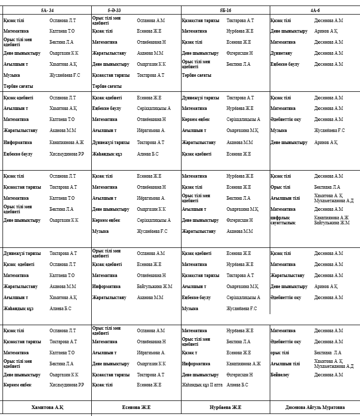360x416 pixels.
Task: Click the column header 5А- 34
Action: point(48,10)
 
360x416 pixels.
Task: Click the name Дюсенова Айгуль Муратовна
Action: point(314,407)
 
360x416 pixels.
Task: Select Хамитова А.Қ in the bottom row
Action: point(47,407)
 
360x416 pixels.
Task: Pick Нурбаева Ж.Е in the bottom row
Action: point(225,407)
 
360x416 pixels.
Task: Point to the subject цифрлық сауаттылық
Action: point(283,220)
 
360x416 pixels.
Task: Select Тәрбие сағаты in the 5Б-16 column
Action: point(197,75)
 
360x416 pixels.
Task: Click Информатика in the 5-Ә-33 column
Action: point(106,287)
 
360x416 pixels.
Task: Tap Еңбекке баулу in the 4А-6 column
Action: point(286,64)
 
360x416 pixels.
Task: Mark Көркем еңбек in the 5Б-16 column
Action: point(196,119)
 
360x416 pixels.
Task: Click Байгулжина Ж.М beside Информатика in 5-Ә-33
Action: point(154,287)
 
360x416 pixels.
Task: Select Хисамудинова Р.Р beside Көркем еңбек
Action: point(67,385)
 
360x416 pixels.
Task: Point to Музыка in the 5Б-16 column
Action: point(190,309)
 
